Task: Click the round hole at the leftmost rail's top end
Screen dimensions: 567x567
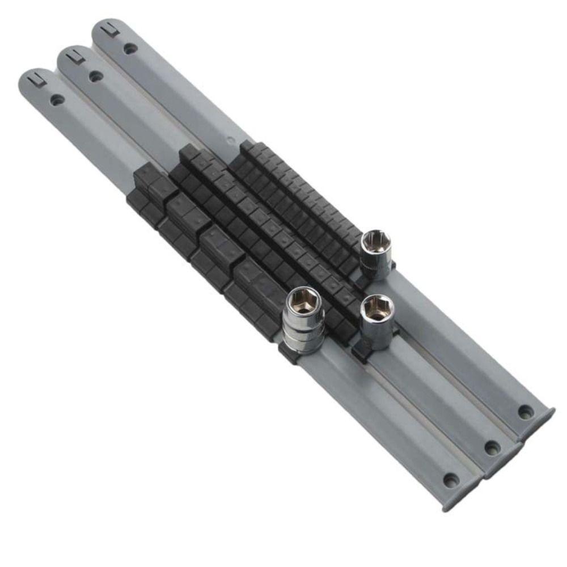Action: coord(57,100)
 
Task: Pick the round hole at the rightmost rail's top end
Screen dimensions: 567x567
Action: coord(130,49)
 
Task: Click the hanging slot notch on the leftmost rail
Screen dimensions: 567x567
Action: coord(36,78)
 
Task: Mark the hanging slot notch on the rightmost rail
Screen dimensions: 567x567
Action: coord(109,29)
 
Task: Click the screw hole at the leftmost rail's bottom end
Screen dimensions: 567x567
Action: coord(451,481)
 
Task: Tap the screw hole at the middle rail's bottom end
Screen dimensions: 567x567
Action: coord(491,447)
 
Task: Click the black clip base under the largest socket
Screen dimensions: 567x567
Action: coord(288,355)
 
